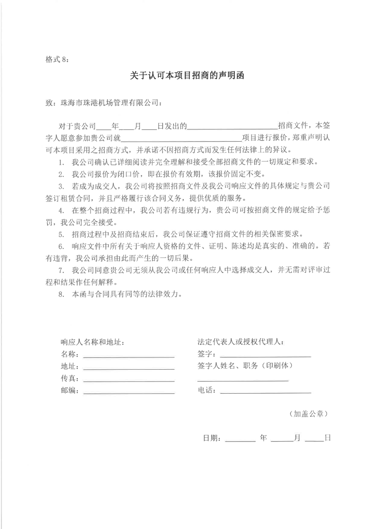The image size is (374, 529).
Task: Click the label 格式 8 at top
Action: click(x=57, y=59)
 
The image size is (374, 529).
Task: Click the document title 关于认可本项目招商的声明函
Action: click(x=187, y=76)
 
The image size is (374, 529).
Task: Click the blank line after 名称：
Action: click(x=129, y=357)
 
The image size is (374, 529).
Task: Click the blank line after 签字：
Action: click(x=265, y=357)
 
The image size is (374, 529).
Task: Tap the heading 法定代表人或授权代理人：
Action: click(x=241, y=342)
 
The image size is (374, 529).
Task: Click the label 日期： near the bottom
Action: click(x=212, y=438)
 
